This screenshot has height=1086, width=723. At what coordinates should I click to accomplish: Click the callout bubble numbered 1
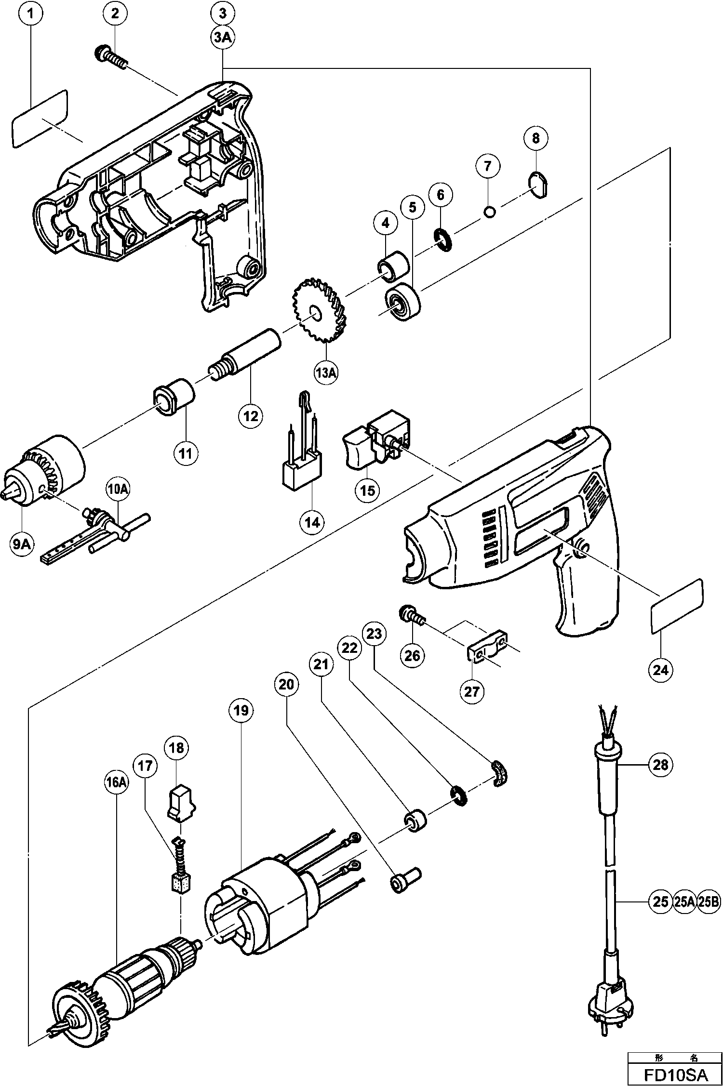tap(31, 13)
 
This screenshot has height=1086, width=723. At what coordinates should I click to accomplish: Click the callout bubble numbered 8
tap(536, 138)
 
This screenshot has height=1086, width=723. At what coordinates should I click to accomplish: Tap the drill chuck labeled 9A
tap(46, 473)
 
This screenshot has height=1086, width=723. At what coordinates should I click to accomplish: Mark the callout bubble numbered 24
tap(661, 669)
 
